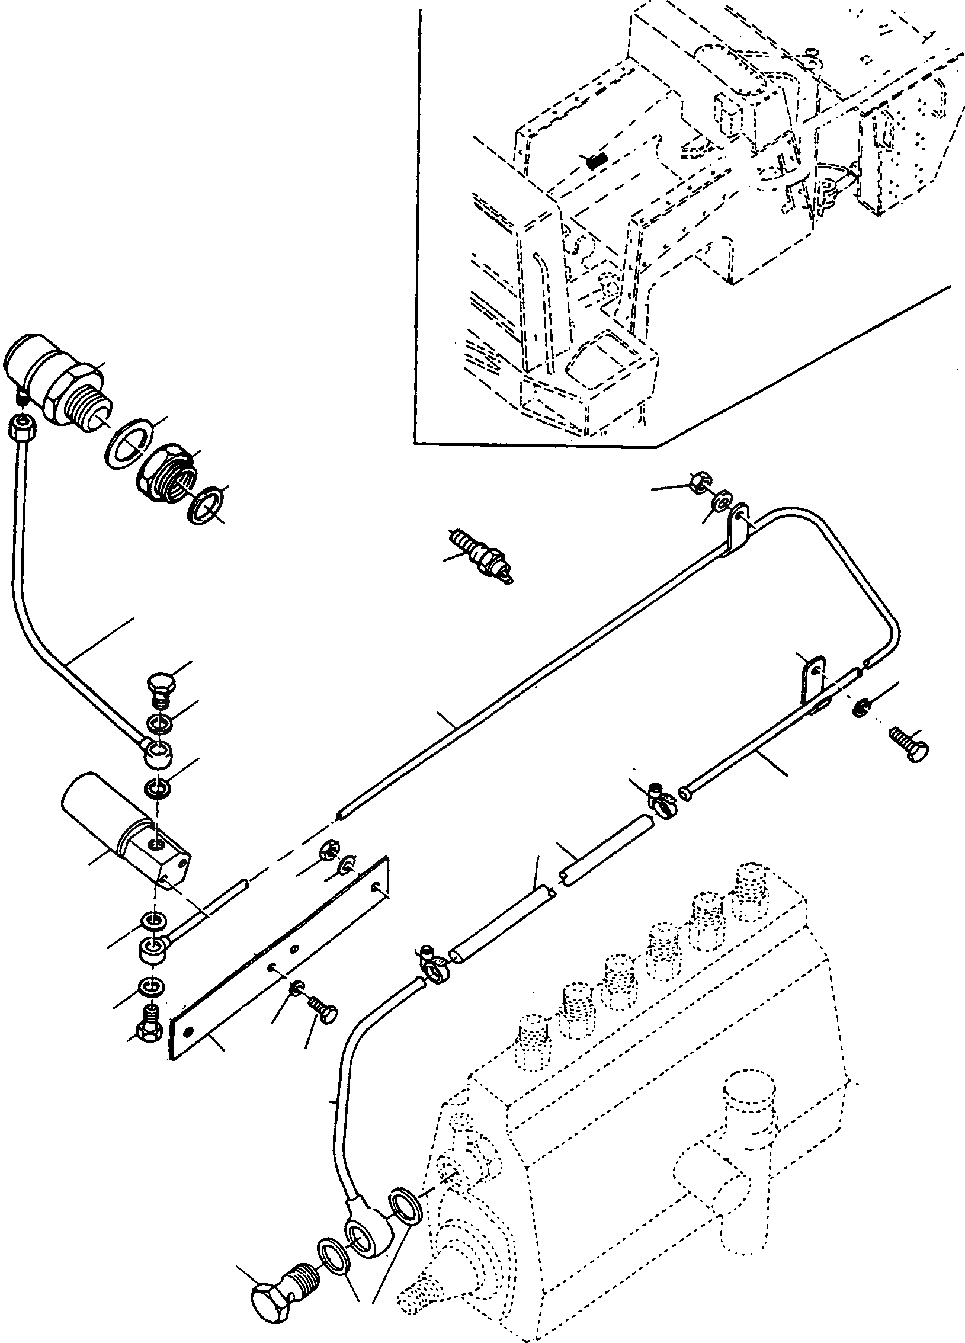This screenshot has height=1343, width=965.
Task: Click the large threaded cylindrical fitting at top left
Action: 56,382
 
